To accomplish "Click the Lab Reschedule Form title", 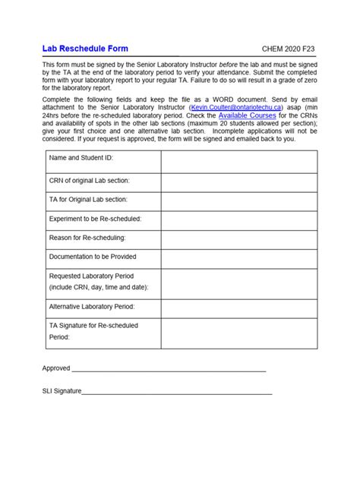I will coord(85,49).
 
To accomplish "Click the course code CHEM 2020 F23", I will coord(289,49).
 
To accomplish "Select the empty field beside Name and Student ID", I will coord(238,162).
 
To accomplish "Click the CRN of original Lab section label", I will coord(89,181).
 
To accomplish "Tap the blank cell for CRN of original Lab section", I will coord(238,181).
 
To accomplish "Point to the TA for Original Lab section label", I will coord(88,199).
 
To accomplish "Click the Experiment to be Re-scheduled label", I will coord(95,219).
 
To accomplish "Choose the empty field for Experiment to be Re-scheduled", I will coord(238,219).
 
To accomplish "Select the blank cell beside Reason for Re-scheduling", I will coord(238,238).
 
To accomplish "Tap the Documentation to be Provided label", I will coord(93,257).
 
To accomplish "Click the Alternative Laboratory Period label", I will coord(91,307).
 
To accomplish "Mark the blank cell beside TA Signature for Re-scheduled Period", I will coord(238,333).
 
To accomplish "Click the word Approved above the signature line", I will coord(56,368).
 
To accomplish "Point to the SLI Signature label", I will coord(62,392).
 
